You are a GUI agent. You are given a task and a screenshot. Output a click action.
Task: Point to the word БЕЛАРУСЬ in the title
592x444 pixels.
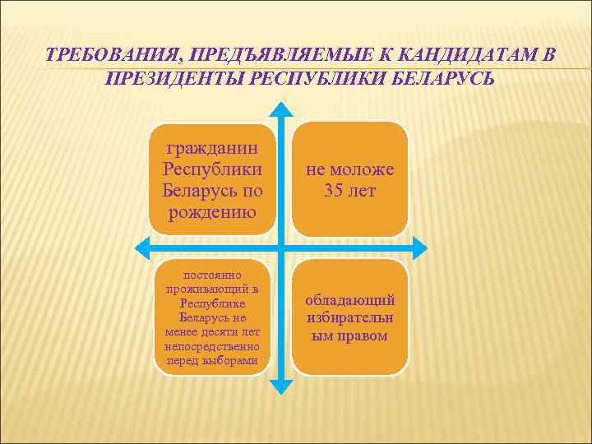(442, 81)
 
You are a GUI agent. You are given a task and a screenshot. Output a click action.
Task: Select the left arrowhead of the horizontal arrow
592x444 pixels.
(141, 245)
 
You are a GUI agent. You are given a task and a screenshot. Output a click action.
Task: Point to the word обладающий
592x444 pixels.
(350, 300)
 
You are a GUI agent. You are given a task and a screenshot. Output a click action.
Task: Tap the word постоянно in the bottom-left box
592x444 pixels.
(212, 275)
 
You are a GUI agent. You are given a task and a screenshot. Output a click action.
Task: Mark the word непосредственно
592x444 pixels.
(212, 346)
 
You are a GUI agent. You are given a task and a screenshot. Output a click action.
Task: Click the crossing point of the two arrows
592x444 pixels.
(281, 245)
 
